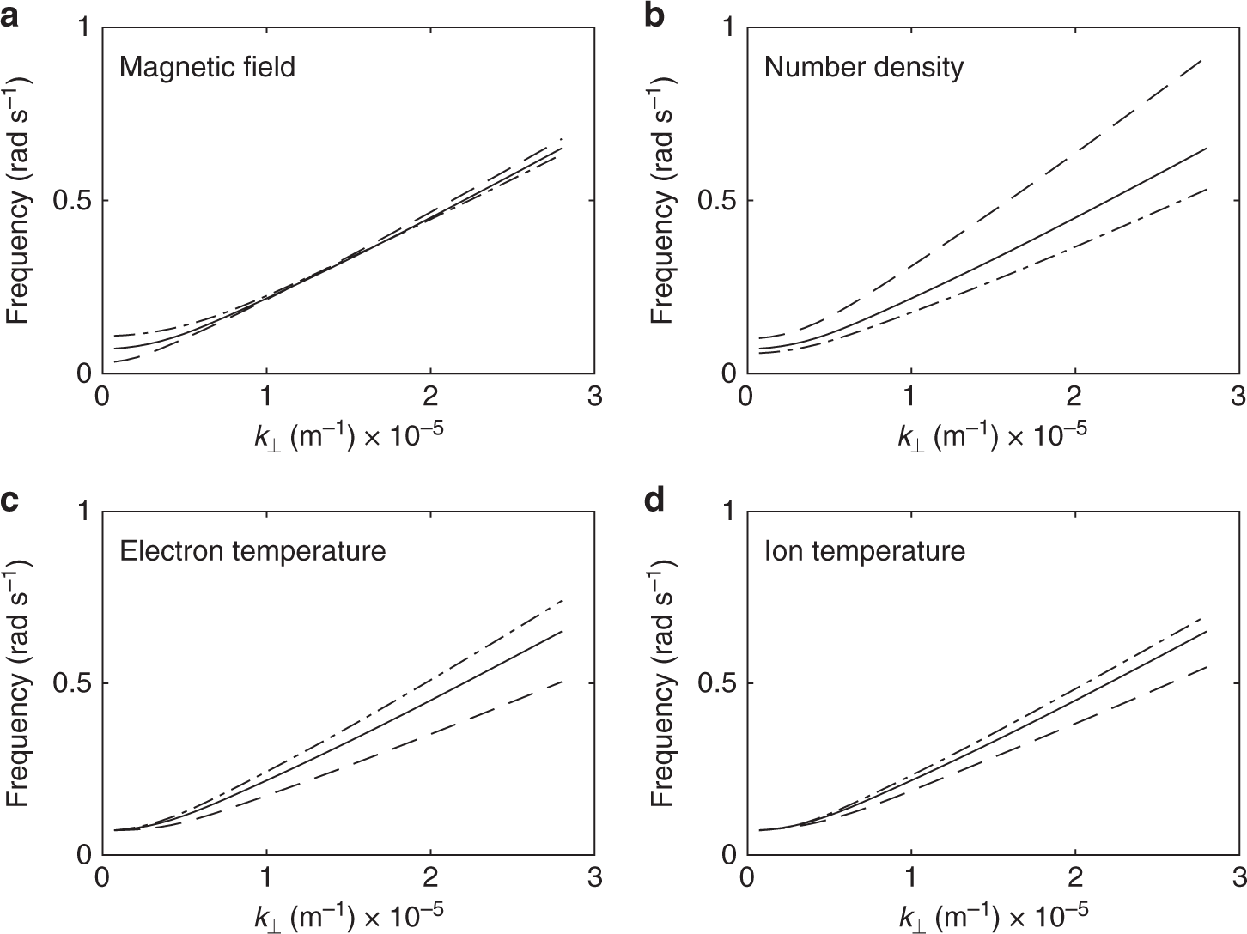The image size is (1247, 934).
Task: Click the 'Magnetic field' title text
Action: [x=207, y=67]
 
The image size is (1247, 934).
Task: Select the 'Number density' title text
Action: [x=863, y=67]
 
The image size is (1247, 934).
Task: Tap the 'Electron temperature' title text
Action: [x=252, y=550]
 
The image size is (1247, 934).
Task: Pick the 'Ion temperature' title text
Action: [x=864, y=550]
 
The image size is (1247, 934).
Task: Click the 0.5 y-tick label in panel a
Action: [x=71, y=201]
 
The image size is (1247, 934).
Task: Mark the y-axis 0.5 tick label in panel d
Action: [x=716, y=683]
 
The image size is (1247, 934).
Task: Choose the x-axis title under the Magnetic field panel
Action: [x=348, y=437]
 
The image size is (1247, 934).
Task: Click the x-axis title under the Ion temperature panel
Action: [x=992, y=919]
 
